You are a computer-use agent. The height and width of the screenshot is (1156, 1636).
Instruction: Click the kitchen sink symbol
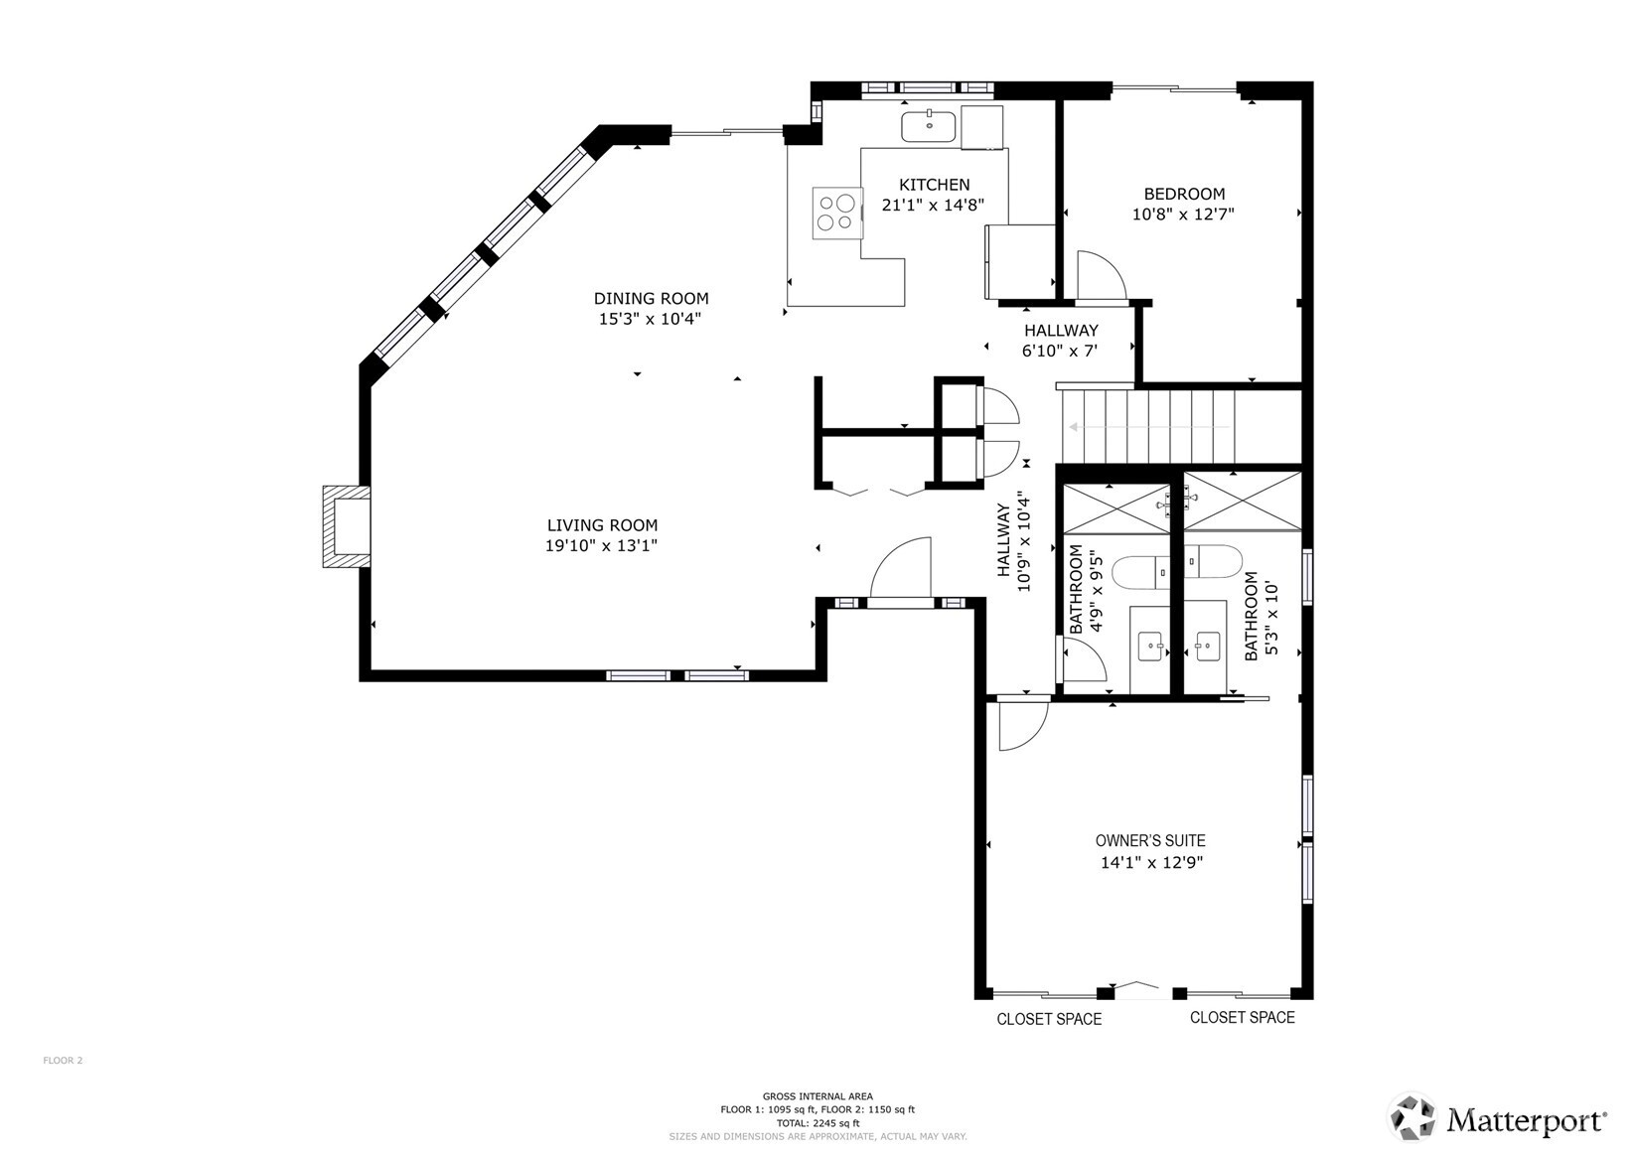[928, 126]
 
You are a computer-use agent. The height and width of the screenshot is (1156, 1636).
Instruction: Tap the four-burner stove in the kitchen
[836, 213]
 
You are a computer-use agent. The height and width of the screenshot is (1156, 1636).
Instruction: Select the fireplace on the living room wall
[347, 526]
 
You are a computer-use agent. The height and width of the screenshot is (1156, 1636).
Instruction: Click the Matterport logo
[1497, 1119]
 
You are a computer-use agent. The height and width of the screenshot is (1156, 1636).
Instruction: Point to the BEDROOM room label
[1184, 194]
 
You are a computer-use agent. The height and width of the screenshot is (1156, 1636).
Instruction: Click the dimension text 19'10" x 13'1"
[601, 545]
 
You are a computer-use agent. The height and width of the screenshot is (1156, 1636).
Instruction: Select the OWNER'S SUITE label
[1150, 840]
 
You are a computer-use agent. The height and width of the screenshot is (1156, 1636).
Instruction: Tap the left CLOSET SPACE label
[1049, 1019]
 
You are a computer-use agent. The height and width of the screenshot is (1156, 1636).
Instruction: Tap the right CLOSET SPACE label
[1242, 1017]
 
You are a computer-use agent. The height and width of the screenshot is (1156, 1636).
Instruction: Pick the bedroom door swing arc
[1101, 274]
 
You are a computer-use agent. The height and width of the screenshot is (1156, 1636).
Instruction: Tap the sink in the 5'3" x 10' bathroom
[1208, 647]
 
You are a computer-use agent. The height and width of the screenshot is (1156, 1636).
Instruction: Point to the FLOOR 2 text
[63, 1061]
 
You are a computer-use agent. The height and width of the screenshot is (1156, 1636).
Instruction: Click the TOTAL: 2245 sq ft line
[818, 1123]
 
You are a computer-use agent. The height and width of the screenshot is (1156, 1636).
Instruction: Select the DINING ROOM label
[651, 298]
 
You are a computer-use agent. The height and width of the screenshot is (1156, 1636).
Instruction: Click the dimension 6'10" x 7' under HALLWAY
[1060, 351]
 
